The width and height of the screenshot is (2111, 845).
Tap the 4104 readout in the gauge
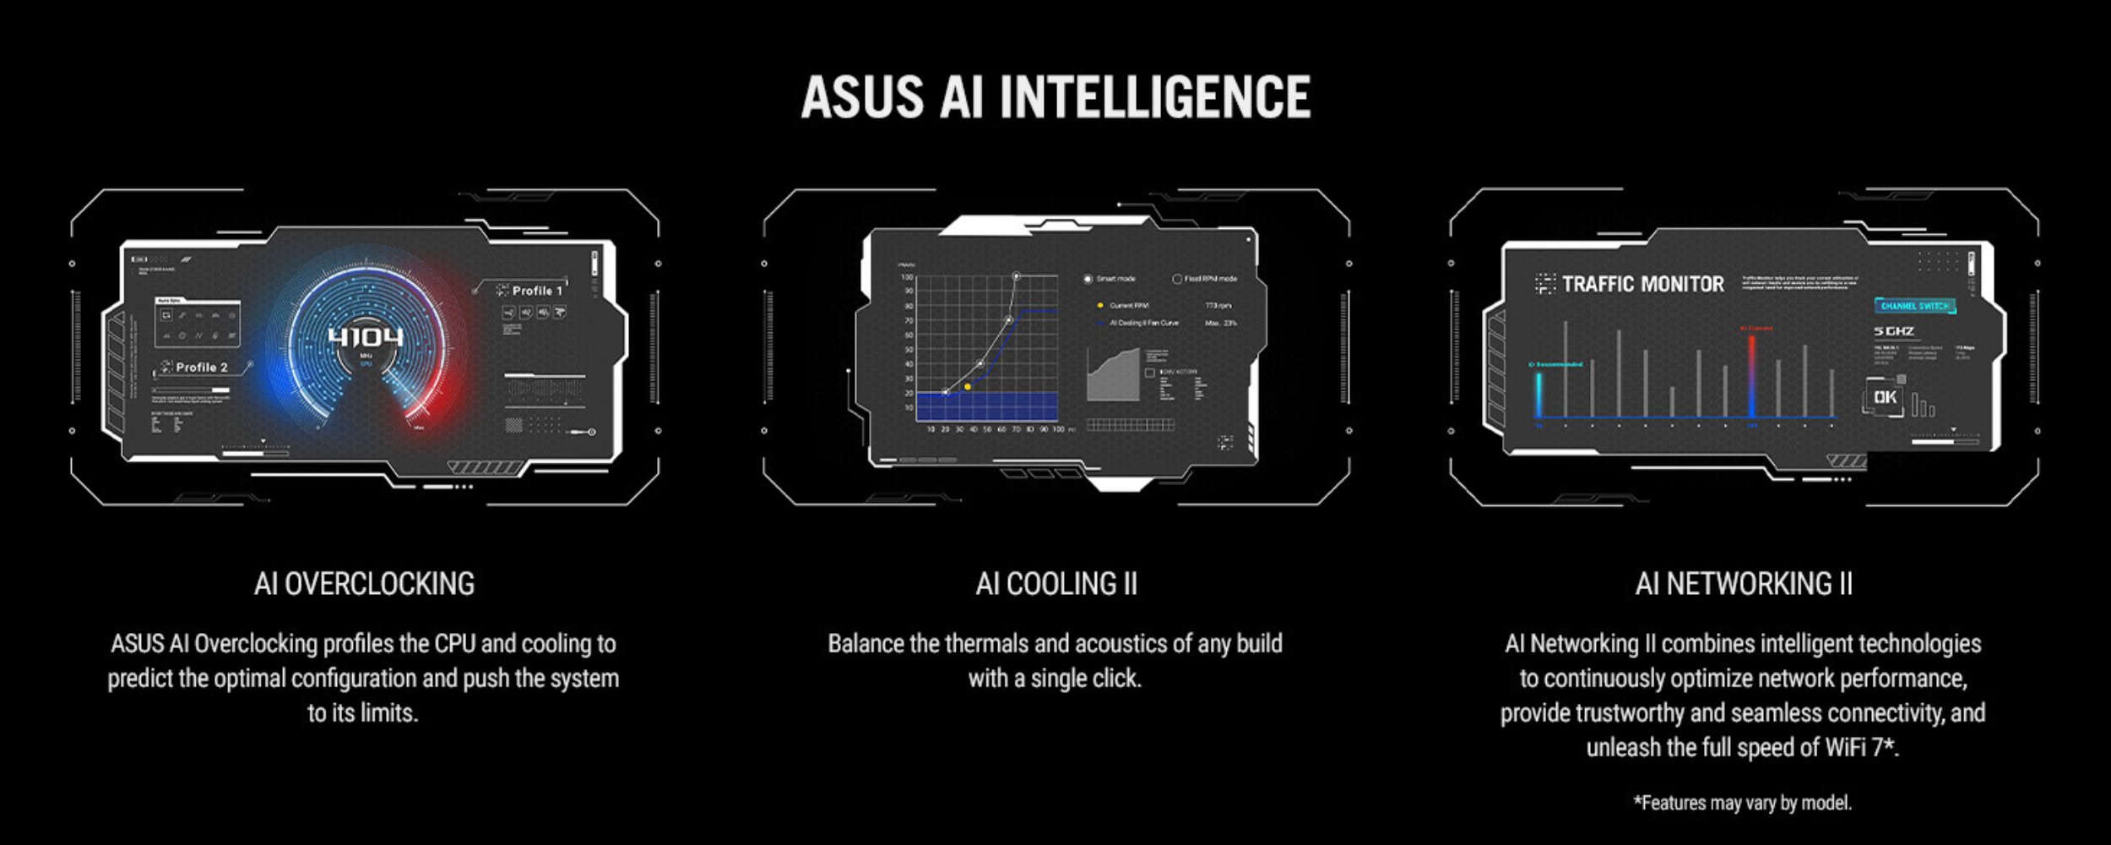[x=366, y=337]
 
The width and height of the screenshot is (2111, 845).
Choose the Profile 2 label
[x=201, y=368]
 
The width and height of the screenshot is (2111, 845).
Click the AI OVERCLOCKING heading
[x=364, y=584]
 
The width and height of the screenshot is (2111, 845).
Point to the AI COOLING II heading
[x=1055, y=584]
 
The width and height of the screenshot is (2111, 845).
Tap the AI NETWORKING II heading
[x=1743, y=584]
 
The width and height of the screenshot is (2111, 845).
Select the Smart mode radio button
[x=1088, y=279]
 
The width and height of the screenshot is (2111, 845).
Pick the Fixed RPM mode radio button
[x=1177, y=279]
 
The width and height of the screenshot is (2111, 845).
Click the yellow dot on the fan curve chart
[x=968, y=387]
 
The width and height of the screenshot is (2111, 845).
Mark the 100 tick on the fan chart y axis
[x=907, y=277]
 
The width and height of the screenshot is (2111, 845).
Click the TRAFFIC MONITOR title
[x=1642, y=285]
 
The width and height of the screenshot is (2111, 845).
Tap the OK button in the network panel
[x=1885, y=397]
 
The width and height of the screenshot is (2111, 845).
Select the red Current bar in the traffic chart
[x=1751, y=376]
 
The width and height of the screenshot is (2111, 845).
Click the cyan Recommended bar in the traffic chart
[x=1538, y=394]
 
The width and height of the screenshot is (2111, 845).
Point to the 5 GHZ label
[x=1894, y=331]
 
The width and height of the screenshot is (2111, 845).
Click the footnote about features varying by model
[x=1742, y=803]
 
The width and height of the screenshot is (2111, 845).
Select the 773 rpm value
[x=1218, y=306]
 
